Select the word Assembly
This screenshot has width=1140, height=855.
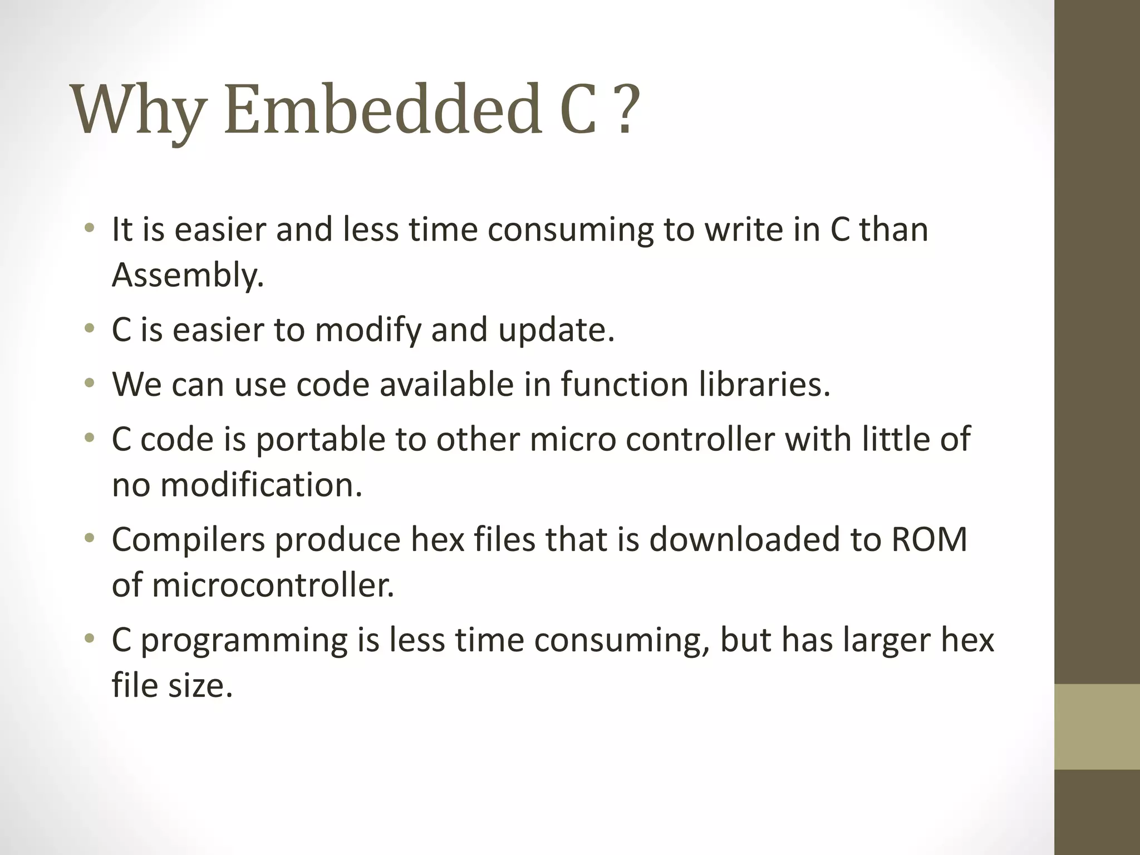tap(188, 276)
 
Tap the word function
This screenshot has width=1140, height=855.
tap(624, 385)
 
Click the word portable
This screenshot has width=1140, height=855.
tap(321, 440)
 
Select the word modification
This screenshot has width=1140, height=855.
tap(261, 485)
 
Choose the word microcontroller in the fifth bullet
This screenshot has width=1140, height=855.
tap(273, 586)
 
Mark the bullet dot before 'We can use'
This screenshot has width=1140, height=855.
tap(89, 384)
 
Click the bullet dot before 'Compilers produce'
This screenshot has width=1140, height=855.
tap(89, 538)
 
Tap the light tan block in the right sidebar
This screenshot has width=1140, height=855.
tap(1097, 726)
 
